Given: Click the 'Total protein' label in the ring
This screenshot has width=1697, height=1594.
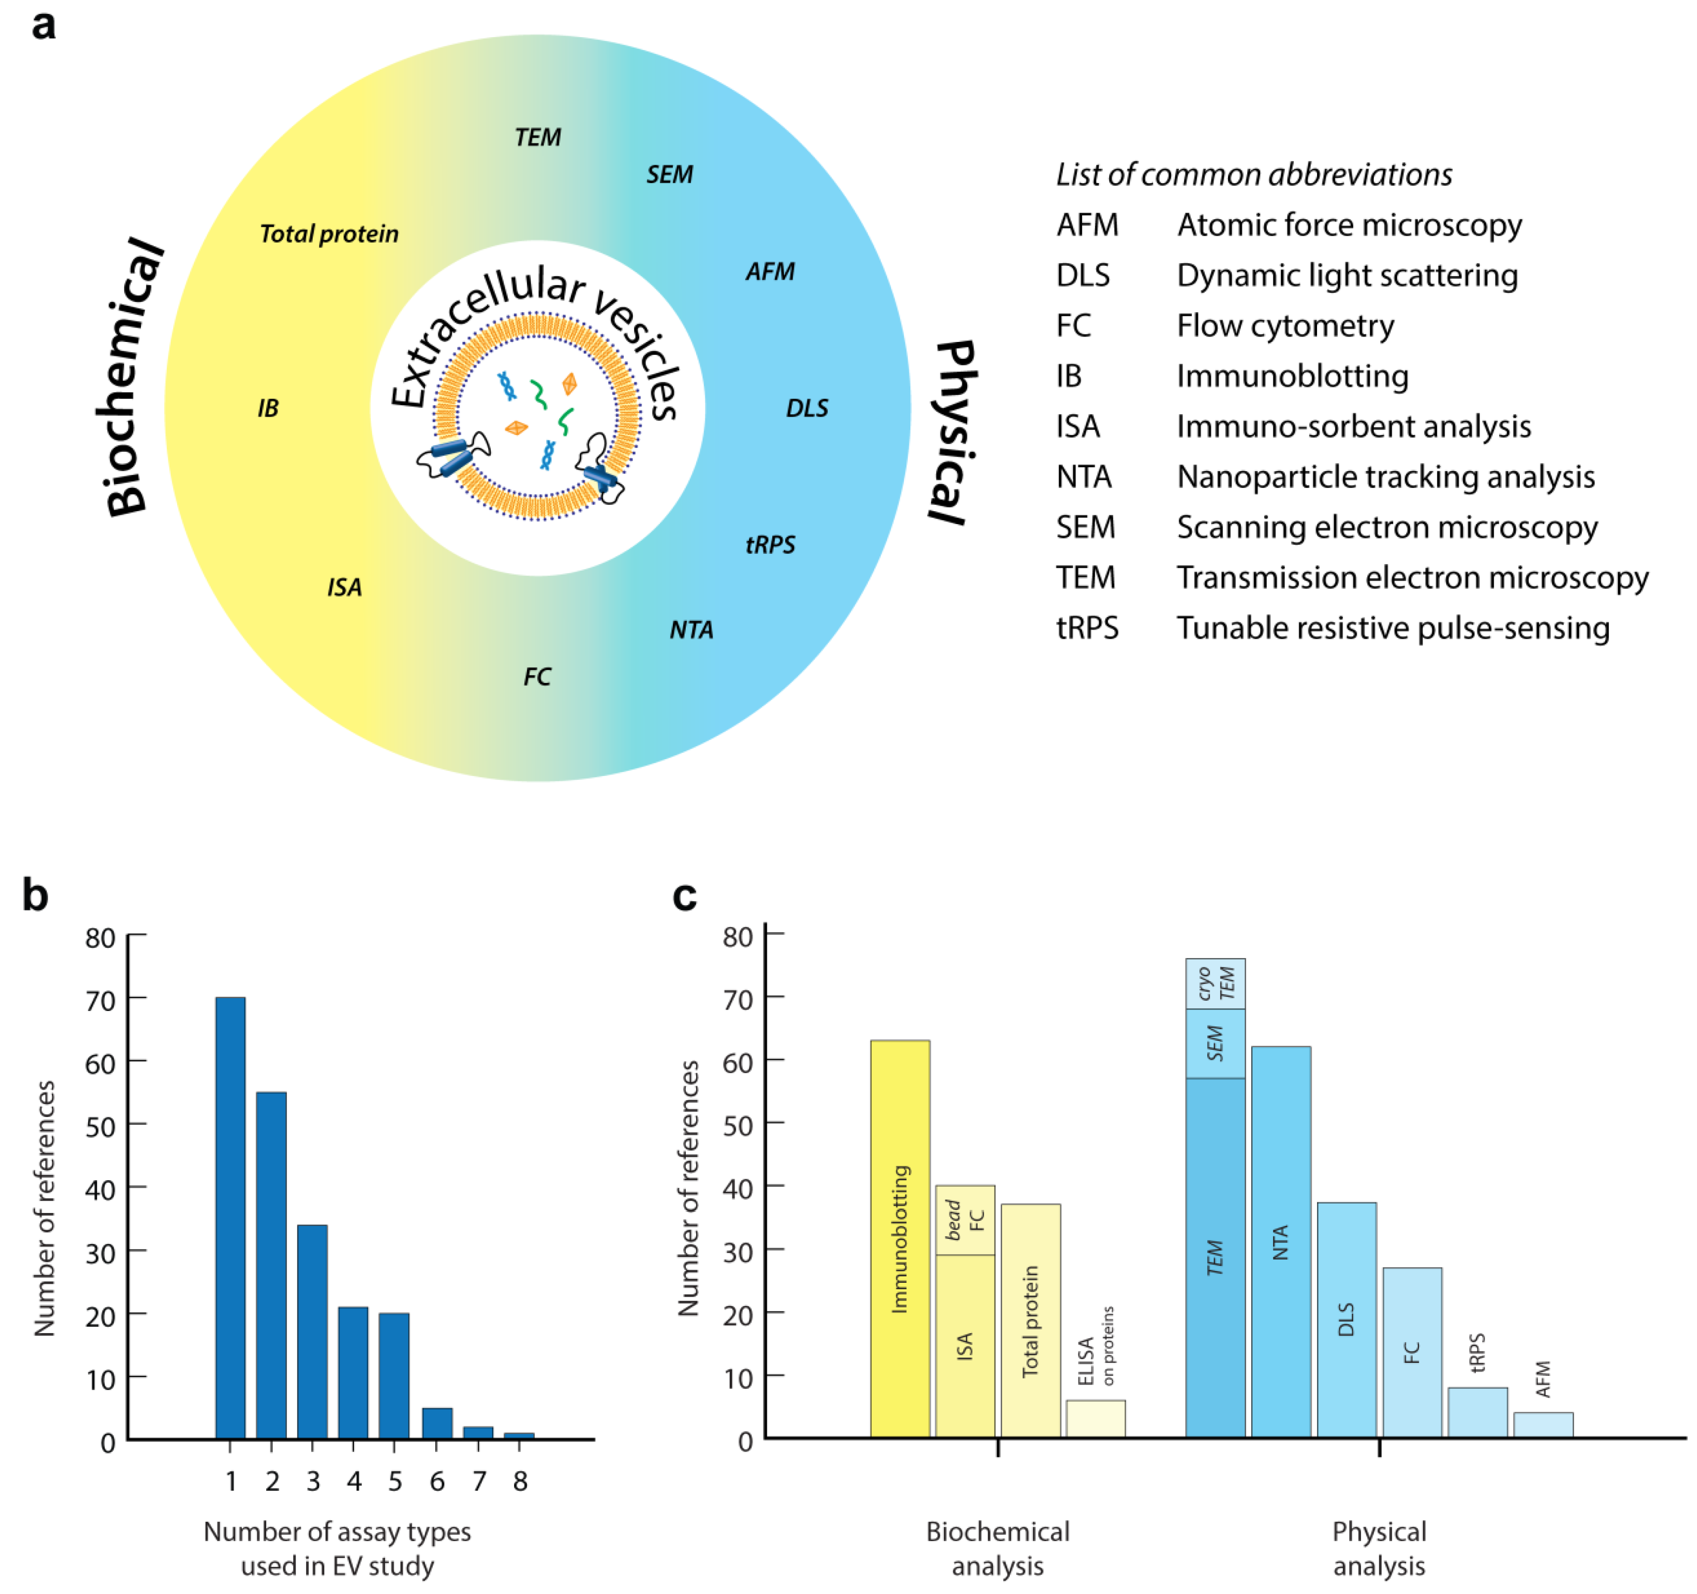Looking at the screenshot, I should point(329,234).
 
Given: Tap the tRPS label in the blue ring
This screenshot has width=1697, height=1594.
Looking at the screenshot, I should point(770,545).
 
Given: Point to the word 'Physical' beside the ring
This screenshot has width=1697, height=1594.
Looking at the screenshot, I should point(954,431).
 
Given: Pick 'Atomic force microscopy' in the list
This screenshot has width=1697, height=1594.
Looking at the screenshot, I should point(1349,225).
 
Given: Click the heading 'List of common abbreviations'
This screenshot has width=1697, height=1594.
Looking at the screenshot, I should point(1253,174).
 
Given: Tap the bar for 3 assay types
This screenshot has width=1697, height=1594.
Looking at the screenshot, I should point(312,1331).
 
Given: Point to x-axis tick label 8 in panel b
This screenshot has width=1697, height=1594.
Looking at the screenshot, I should point(520,1481).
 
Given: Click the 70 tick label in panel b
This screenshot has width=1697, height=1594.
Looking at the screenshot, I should point(101,1000).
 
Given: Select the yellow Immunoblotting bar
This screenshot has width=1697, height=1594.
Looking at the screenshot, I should point(900,1238).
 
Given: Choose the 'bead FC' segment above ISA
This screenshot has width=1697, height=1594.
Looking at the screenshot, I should point(965,1220).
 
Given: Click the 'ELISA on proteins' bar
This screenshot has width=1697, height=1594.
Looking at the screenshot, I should point(1095,1418).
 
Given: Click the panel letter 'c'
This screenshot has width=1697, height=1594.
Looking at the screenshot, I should point(685,896).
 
